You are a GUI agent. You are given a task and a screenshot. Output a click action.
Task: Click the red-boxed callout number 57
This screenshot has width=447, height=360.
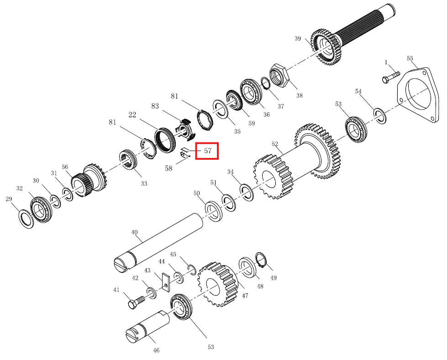pos(208,151)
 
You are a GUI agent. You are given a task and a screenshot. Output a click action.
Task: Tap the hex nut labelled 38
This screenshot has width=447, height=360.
pos(279,76)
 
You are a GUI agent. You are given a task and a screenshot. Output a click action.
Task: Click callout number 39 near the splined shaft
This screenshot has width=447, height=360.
pos(298,38)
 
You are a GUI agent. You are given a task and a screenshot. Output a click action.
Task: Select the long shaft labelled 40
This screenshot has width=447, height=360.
pos(158,243)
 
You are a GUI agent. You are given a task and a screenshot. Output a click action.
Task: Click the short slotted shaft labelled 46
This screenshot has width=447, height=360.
pos(147,326)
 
